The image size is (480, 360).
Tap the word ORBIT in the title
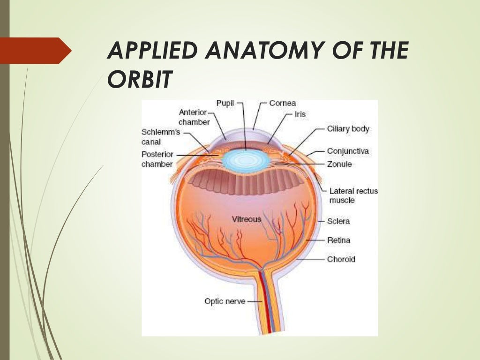tap(138, 80)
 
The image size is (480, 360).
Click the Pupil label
tap(225, 103)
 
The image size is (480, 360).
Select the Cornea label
tap(282, 103)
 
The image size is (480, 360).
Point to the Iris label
tap(300, 114)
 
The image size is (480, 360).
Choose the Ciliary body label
tap(348, 128)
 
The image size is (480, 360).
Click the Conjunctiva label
tap(347, 151)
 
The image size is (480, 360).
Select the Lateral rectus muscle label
tap(353, 195)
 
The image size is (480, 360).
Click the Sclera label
tap(339, 221)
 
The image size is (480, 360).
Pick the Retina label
tap(338, 240)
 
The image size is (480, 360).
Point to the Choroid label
tap(341, 259)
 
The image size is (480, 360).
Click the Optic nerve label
tap(225, 301)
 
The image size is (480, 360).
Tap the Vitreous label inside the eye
tap(247, 219)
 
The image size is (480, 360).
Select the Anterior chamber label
tap(194, 117)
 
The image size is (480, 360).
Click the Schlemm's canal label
tap(160, 136)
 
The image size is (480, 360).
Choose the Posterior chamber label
tap(157, 159)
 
